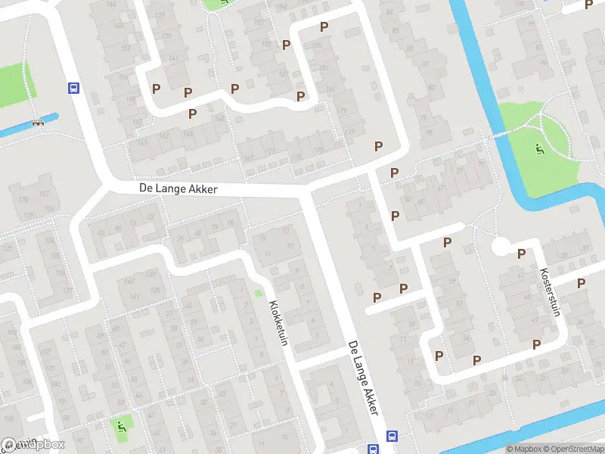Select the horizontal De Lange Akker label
178,188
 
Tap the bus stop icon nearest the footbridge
74,88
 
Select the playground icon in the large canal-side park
538,148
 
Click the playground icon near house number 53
122,427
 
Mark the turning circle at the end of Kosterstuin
500,247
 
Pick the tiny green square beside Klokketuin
259,293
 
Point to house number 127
45,194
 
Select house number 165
163,136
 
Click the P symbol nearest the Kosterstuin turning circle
521,253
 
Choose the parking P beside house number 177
378,146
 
